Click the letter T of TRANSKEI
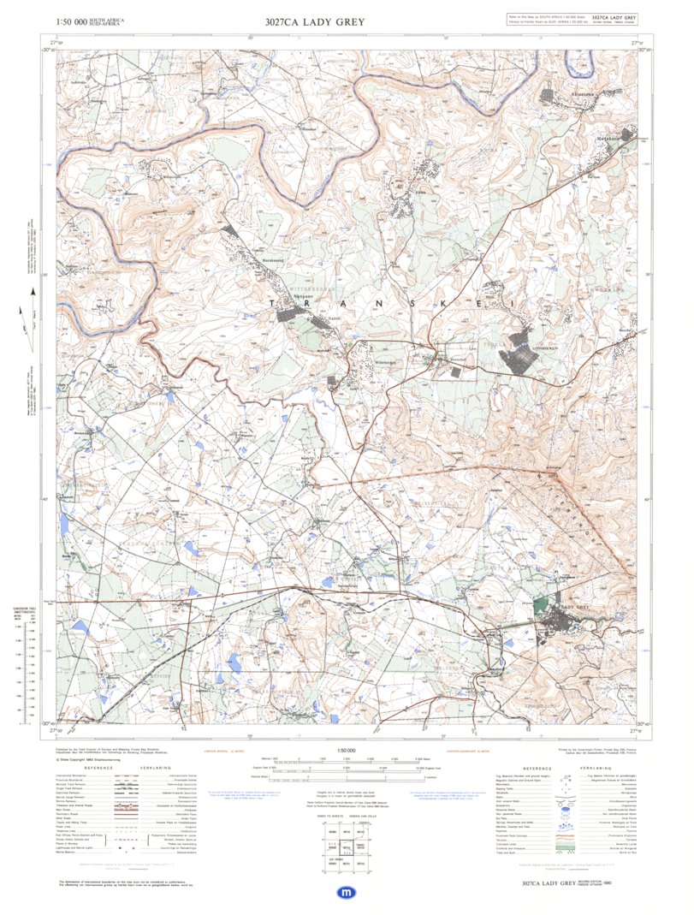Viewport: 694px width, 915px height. [x=271, y=304]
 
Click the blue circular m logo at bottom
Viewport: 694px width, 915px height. [x=347, y=892]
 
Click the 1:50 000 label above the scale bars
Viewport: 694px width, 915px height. [x=346, y=751]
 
